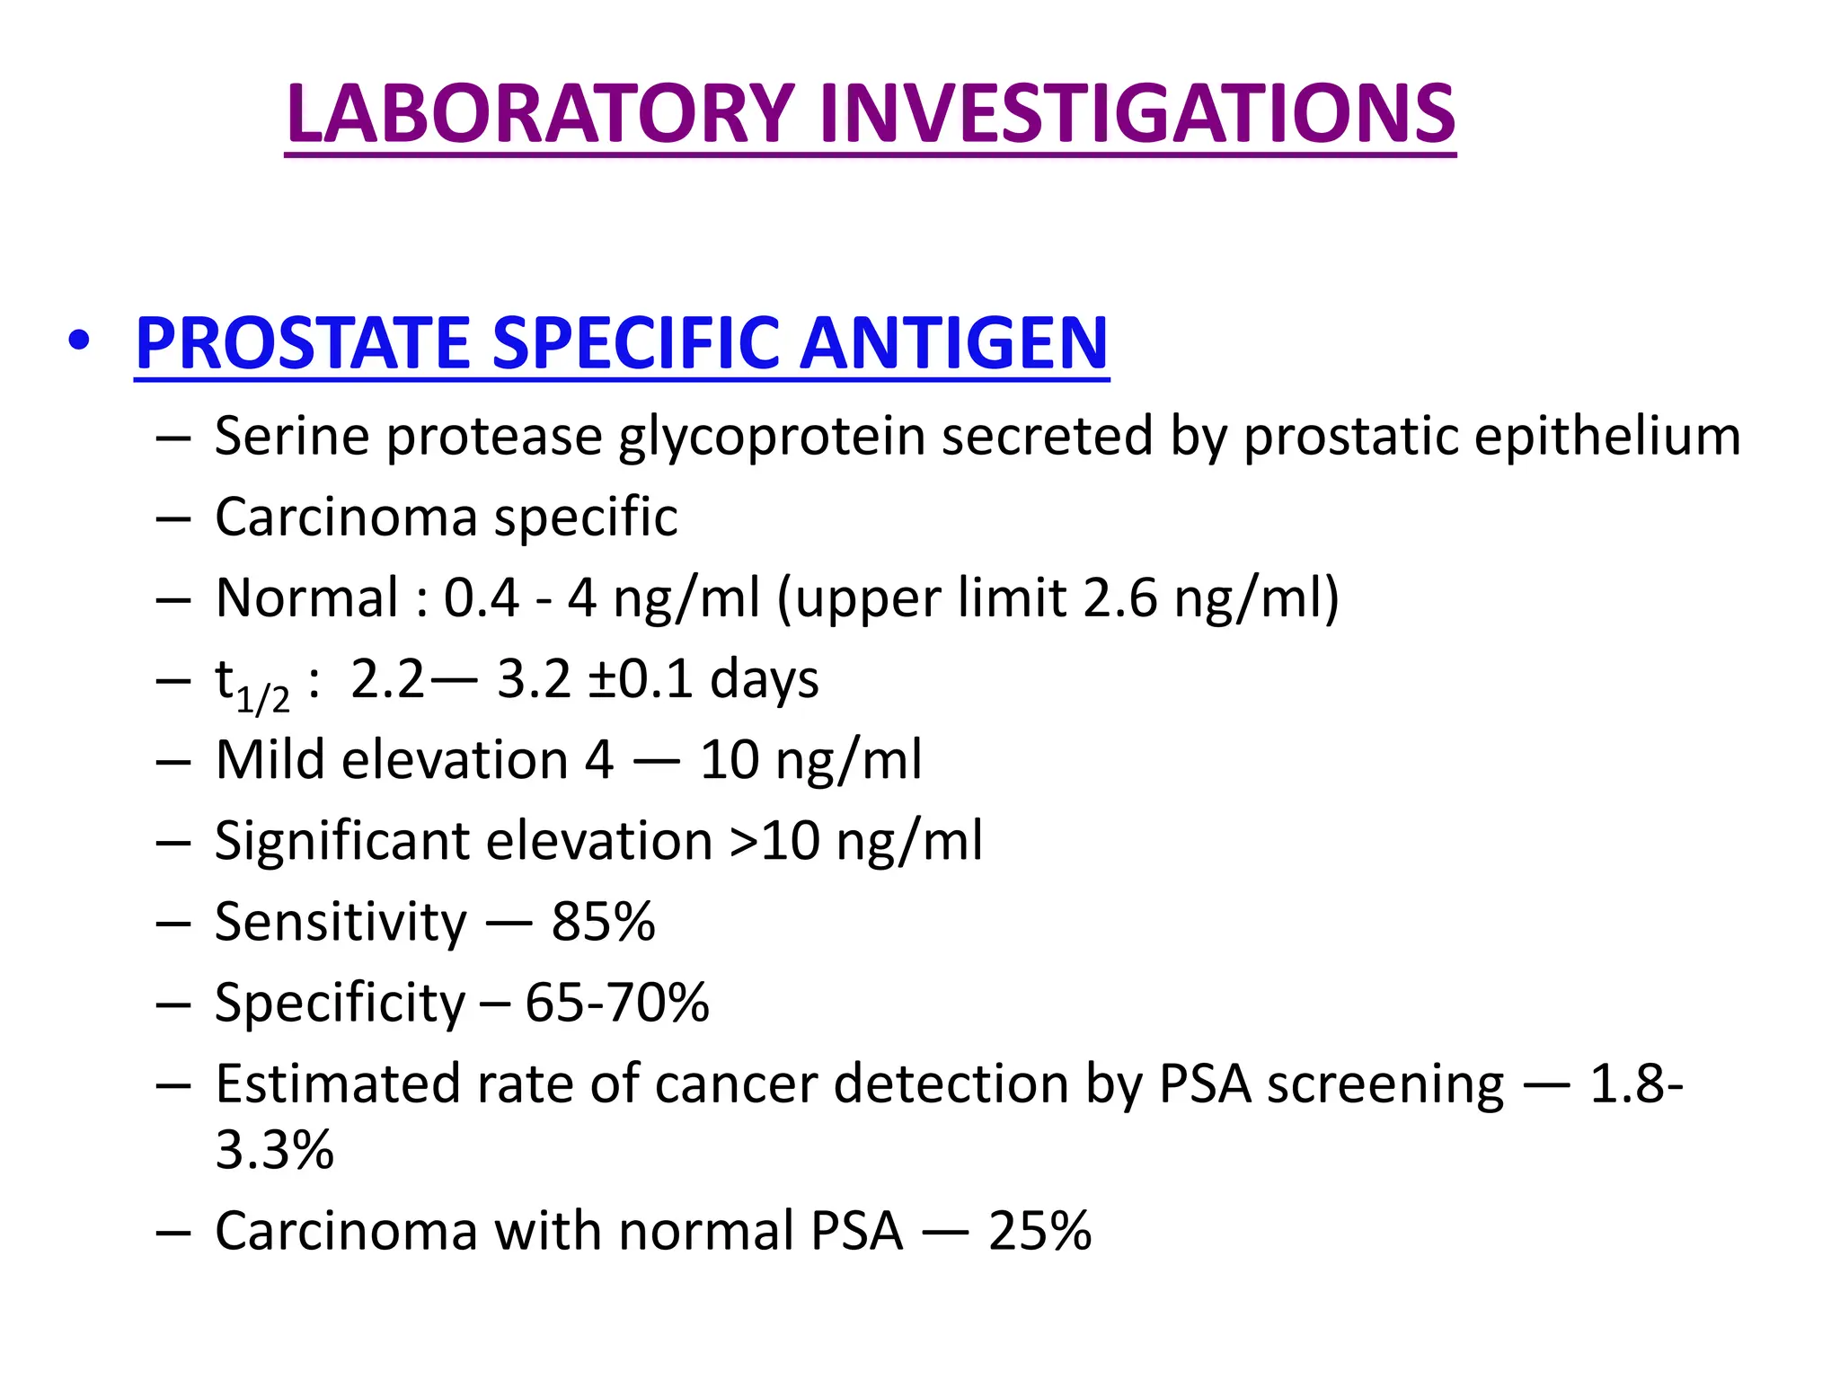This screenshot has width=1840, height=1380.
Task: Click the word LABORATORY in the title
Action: [x=539, y=114]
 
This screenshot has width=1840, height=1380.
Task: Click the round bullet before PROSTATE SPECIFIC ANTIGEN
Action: [x=79, y=342]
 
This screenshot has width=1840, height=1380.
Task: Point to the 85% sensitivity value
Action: [x=603, y=922]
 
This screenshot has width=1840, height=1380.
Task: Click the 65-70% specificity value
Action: [x=617, y=1003]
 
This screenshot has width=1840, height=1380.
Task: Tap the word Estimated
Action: [x=337, y=1084]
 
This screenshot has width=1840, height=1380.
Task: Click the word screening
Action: [x=1384, y=1085]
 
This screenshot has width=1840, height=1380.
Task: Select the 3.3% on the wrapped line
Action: [x=274, y=1150]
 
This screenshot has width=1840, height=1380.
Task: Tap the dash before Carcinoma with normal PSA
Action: [x=172, y=1232]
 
